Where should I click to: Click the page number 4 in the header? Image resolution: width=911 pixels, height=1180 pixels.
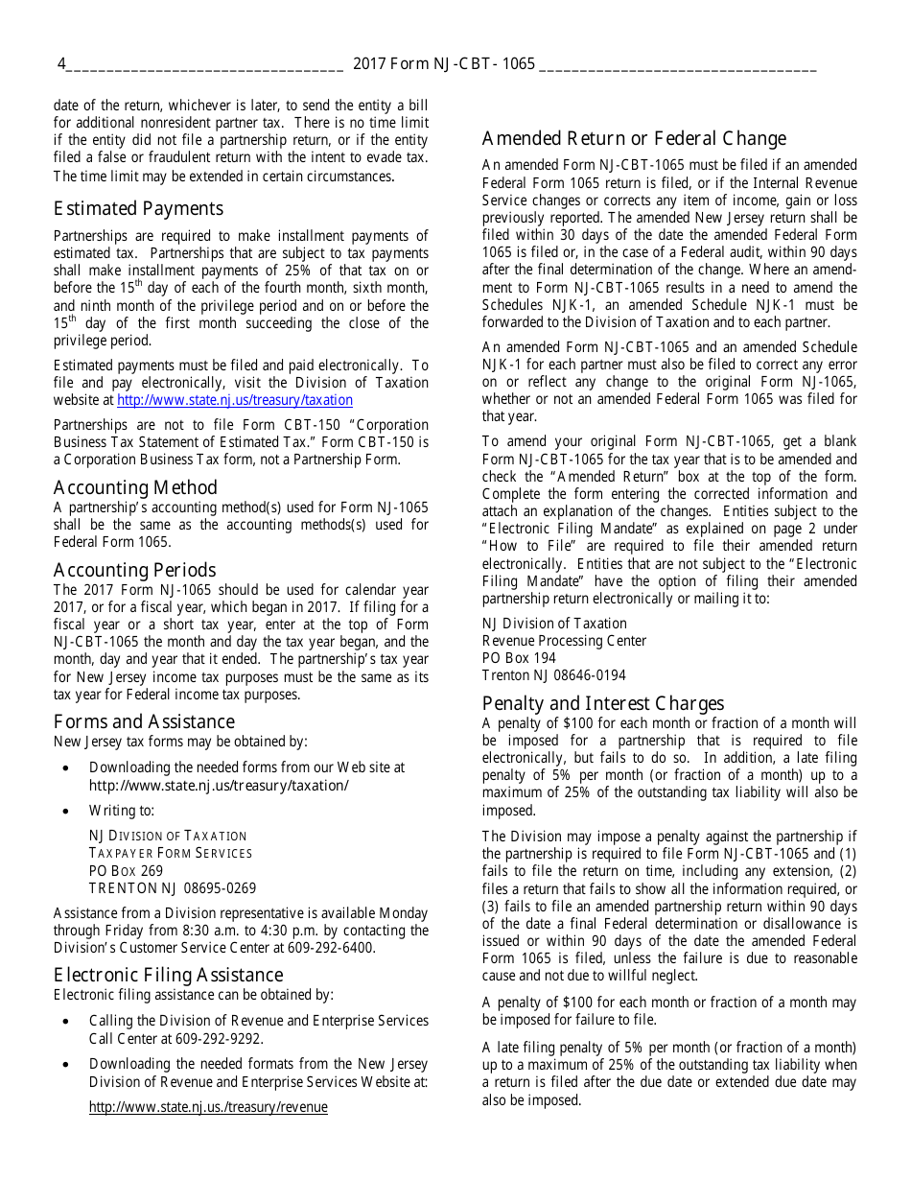coord(61,64)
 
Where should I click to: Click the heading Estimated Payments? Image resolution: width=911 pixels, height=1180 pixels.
coord(138,209)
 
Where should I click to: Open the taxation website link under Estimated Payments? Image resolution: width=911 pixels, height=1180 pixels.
coord(235,400)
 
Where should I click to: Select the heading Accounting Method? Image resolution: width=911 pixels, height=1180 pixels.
coord(135,487)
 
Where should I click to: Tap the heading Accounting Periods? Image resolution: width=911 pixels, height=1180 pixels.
coord(134,570)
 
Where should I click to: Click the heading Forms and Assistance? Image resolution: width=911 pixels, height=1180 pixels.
coord(144,721)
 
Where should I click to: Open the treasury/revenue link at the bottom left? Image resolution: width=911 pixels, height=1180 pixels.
coord(208,1107)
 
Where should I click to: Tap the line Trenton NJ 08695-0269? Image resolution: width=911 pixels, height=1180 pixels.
coord(173,888)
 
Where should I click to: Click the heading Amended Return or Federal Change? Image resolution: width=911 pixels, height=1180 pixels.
coord(634,138)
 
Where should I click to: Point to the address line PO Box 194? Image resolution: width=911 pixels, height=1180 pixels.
coord(519,658)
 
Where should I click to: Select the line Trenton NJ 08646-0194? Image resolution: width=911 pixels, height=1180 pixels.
coord(553,675)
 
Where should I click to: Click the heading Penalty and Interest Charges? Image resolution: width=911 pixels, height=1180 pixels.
coord(603,703)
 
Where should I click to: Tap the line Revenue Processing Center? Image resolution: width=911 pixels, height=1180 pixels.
coord(564,641)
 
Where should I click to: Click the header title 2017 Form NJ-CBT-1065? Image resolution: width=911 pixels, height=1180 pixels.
coord(444,64)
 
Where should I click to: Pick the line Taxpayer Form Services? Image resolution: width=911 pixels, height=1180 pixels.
coord(171,853)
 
